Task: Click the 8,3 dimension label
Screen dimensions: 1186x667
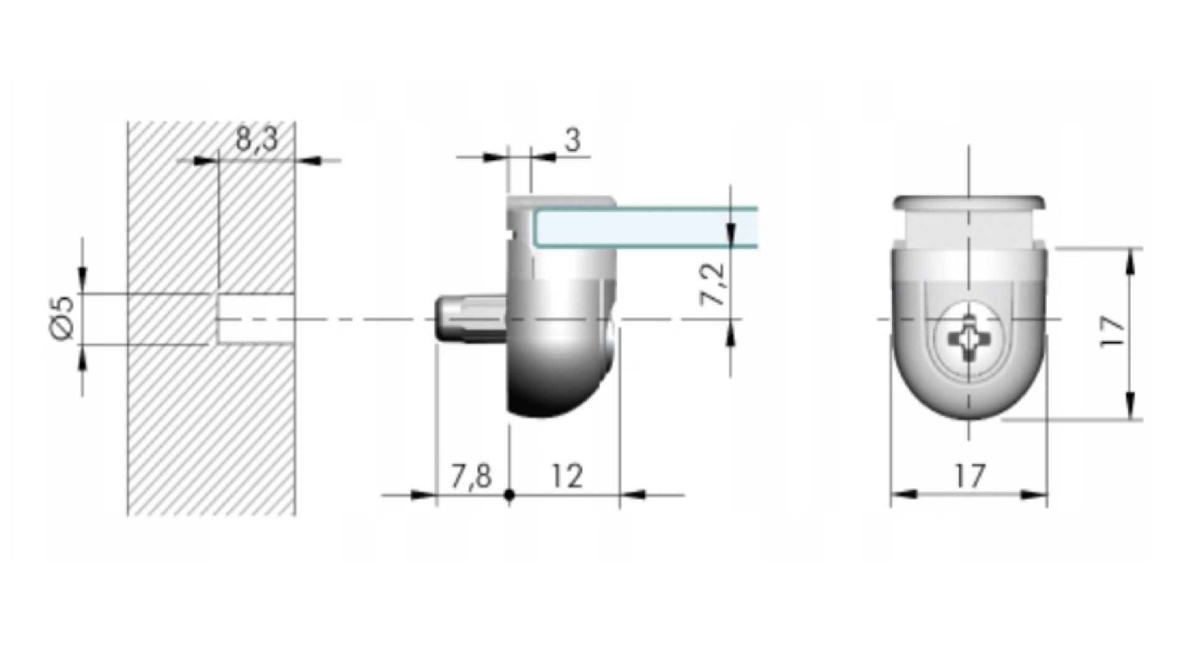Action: click(257, 141)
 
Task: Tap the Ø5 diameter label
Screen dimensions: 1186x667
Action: click(62, 319)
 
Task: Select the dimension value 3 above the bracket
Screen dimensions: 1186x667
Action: click(573, 140)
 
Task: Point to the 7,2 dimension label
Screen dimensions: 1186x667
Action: click(717, 283)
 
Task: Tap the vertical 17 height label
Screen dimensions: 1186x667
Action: click(1112, 333)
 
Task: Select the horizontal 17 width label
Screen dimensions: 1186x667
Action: click(969, 477)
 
